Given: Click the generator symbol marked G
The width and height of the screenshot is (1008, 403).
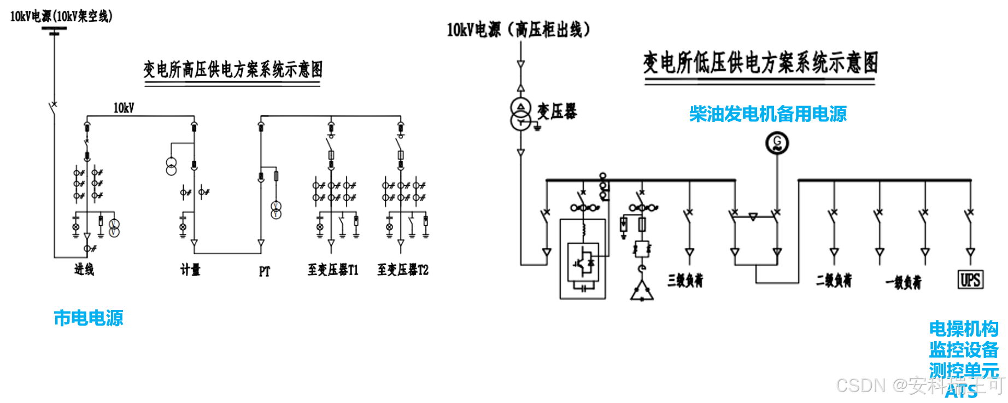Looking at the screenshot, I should [777, 144].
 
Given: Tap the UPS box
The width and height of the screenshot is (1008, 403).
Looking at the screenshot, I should [970, 280].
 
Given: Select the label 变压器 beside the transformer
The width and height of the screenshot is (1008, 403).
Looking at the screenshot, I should [557, 112].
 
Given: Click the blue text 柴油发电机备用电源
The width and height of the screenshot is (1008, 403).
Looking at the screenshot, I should [767, 114].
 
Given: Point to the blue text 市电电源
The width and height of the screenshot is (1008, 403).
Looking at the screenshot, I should [89, 318].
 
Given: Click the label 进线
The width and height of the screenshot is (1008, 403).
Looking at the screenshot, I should [84, 269].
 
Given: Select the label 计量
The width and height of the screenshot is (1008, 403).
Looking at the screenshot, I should [190, 270].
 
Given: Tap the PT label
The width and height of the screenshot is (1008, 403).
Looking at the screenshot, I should [265, 271].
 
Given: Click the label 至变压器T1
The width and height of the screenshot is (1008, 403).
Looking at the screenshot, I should [333, 270].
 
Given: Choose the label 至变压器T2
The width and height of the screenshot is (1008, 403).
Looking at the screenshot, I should [403, 270].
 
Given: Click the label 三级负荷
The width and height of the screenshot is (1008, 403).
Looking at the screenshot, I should [685, 281].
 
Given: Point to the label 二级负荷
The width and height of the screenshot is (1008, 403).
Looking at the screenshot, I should [834, 281].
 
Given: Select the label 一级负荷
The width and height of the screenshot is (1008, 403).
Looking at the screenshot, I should [904, 282].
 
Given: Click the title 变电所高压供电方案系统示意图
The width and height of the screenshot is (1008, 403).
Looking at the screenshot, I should [233, 69].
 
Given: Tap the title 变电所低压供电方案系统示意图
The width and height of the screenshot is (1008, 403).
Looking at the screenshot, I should [760, 62].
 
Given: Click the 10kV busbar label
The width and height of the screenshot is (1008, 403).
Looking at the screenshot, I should [124, 108].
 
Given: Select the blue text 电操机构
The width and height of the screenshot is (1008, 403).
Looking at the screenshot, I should [964, 329].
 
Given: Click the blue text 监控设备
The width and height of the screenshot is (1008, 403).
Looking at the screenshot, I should [964, 349].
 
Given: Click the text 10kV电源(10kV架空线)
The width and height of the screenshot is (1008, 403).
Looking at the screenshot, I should [61, 16].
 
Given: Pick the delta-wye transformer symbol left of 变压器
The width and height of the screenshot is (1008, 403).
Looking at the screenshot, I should [521, 114].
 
